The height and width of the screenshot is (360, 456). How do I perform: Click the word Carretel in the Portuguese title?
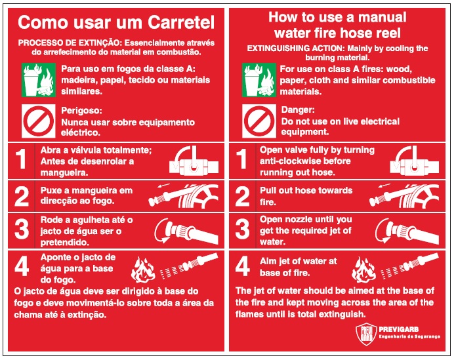181,22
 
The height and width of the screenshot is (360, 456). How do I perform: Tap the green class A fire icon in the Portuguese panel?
39,80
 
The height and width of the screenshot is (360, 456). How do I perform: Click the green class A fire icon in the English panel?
259,80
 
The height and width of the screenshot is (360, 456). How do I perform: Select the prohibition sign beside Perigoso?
39,121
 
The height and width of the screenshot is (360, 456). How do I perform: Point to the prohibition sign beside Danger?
259,121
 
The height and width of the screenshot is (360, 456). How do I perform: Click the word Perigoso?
82,111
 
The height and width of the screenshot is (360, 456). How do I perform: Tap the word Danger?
298,110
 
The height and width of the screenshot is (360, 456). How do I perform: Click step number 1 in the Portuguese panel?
22,159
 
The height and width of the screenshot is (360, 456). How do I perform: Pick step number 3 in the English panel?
242,229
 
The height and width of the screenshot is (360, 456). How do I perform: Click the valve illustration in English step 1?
415,161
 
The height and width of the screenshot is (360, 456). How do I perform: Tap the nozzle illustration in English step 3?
407,231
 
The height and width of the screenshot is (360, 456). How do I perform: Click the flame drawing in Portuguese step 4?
142,270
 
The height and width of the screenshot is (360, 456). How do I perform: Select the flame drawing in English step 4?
363,270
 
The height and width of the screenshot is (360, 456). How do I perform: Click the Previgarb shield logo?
366,334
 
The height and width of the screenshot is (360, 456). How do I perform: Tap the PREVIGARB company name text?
398,329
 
